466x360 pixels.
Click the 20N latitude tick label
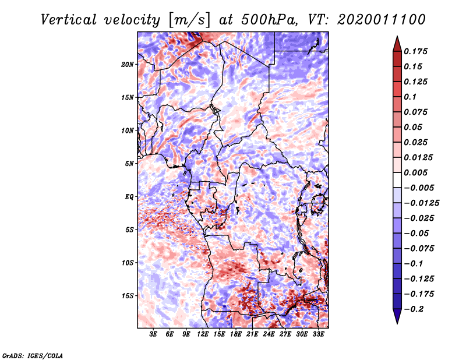pos(128,65)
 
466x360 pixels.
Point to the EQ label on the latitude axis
pos(129,197)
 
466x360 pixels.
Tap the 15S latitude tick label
pos(128,296)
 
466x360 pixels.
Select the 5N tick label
pos(129,164)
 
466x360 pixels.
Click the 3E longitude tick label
pos(153,334)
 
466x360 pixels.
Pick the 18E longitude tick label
pos(236,334)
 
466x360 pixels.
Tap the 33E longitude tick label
pos(318,334)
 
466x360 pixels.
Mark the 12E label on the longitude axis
pos(203,334)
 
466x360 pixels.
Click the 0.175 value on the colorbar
pos(415,51)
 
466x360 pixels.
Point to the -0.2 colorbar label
pos(414,309)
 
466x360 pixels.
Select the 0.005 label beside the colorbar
pos(415,172)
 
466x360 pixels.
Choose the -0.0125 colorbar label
pos(421,203)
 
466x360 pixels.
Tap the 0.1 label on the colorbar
pos(410,97)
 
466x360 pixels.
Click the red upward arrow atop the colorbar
pos(397,44)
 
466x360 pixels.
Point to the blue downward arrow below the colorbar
pos(397,316)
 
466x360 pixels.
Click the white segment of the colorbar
pos(397,180)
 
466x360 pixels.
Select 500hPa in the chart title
pos(269,20)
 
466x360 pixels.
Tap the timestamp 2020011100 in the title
pos(382,20)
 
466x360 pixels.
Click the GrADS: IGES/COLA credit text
pos(33,355)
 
